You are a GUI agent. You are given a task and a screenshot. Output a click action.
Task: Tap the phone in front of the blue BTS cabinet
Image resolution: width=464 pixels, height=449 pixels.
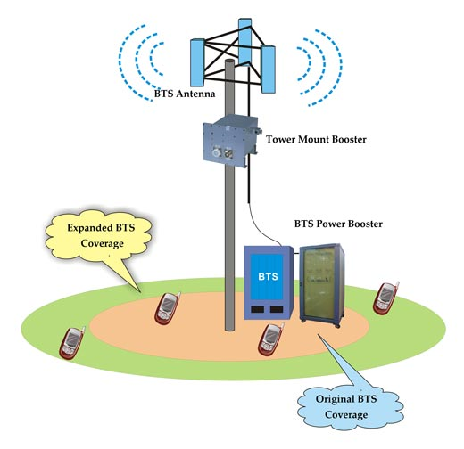point(270,338)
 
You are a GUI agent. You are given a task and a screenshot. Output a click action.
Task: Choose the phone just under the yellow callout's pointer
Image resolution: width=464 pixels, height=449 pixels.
point(165,308)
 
